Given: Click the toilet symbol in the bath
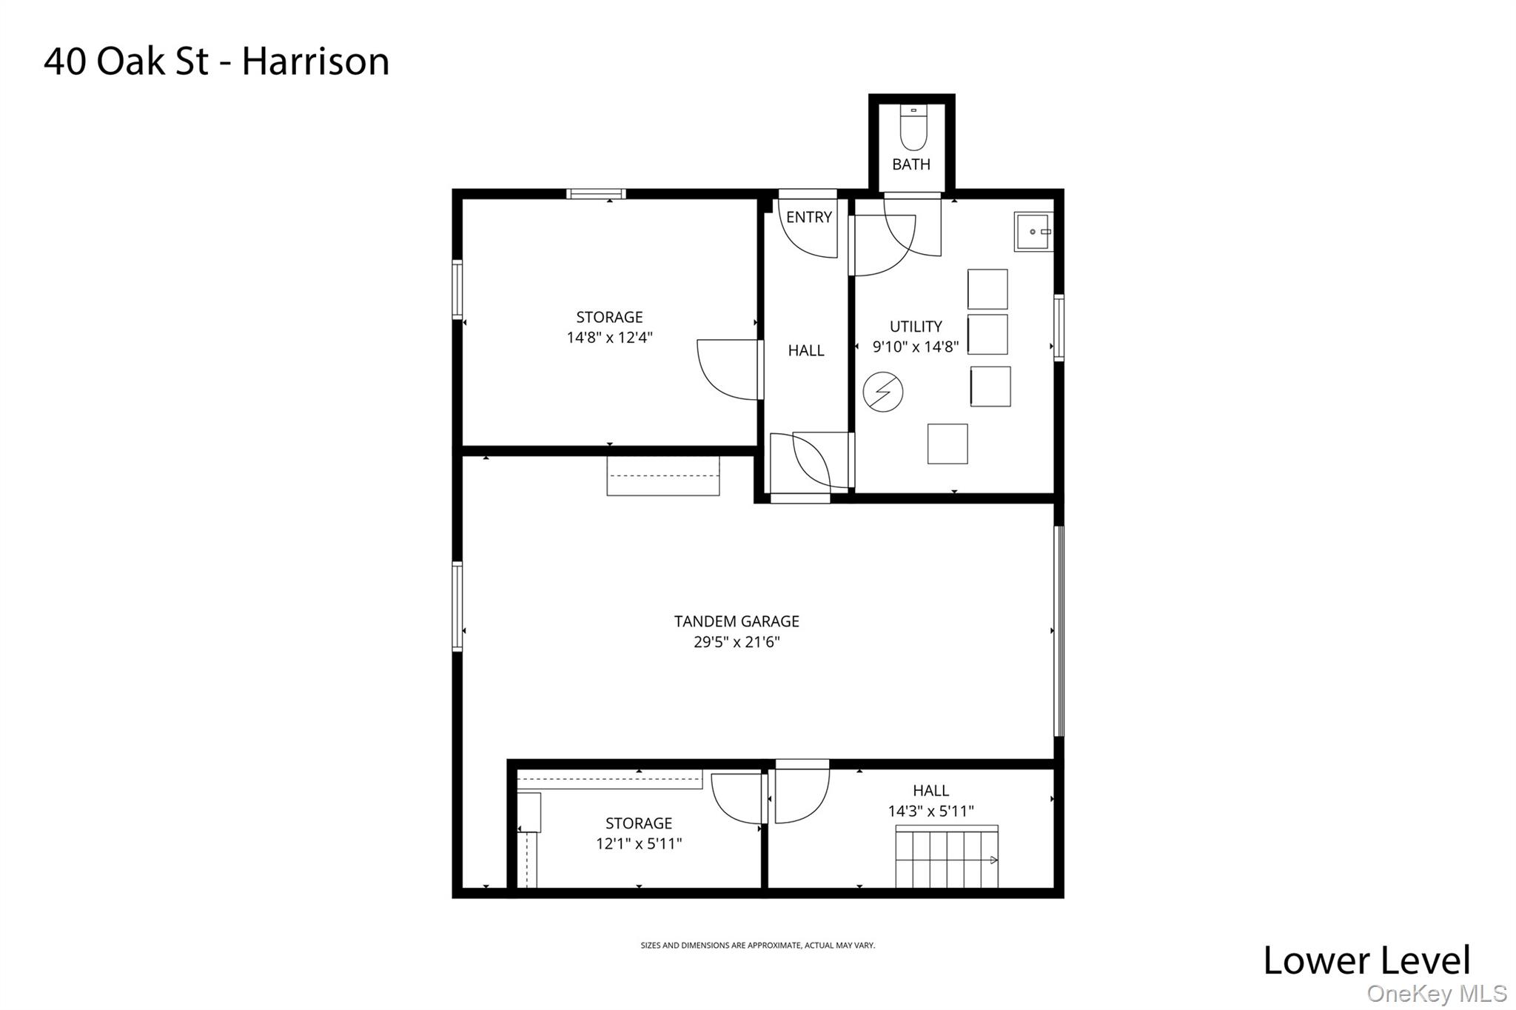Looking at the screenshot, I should [913, 130].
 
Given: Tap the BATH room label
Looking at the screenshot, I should [910, 164].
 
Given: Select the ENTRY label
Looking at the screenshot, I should [808, 217].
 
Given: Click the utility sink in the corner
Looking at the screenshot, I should [1033, 232].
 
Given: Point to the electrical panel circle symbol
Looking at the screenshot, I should [882, 392].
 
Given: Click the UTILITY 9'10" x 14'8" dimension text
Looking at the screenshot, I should [916, 347].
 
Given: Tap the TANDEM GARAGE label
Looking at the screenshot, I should [736, 621].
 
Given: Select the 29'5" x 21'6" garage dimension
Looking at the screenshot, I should [736, 642].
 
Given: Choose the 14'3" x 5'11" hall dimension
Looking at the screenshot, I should [930, 812].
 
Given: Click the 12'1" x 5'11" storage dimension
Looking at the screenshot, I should [638, 843].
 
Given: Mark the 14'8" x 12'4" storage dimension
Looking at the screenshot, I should [609, 338].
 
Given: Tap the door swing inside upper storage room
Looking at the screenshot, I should [728, 369].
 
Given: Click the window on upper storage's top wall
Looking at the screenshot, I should [596, 194].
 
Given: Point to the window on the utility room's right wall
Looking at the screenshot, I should [1059, 327].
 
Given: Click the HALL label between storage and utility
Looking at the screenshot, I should [805, 350].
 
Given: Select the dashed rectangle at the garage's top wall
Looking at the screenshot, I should [663, 476].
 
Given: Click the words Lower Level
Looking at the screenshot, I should [1366, 960].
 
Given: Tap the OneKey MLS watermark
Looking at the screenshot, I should [1436, 994].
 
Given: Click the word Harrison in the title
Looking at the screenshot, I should [315, 61].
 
